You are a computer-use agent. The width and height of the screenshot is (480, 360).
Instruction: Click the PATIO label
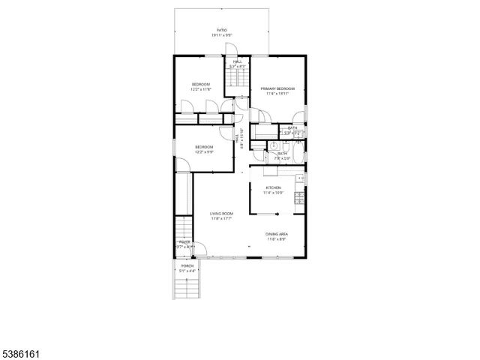pos(222,30)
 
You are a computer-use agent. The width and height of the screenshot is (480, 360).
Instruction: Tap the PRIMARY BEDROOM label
pos(277,88)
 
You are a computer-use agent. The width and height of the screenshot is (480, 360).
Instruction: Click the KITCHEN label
pos(272,187)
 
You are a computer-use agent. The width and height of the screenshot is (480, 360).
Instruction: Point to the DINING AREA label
pos(277,234)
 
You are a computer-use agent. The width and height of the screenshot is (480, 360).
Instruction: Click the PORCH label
pos(187,266)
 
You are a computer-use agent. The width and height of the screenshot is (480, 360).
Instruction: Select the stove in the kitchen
pos(299,199)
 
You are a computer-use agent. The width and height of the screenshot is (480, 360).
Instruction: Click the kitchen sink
pos(299,178)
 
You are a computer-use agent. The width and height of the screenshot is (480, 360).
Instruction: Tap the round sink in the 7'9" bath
pos(274,146)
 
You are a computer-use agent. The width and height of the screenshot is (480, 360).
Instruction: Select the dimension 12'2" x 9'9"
pos(204,152)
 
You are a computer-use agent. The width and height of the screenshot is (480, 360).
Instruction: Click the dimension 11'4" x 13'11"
pos(277,94)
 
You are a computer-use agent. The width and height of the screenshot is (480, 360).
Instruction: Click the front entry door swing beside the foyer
pos(201,249)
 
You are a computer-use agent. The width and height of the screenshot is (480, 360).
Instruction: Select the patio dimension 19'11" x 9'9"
pos(222,35)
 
